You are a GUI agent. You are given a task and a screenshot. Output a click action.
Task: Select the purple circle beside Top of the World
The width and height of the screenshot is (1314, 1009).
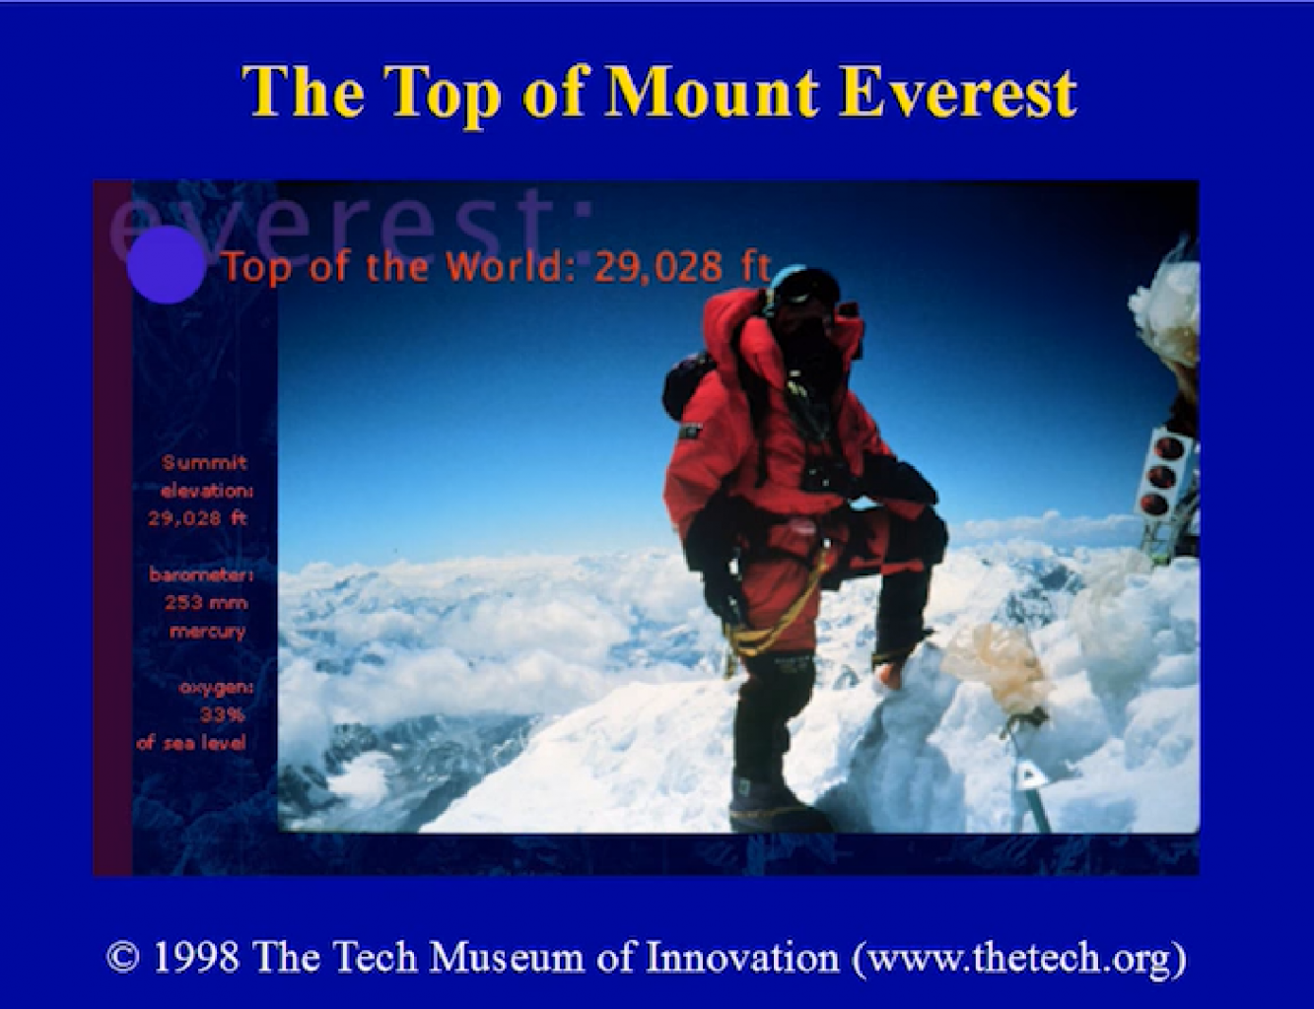[x=166, y=265]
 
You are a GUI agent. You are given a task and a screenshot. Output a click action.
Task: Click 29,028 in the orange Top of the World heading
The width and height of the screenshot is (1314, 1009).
[x=657, y=266]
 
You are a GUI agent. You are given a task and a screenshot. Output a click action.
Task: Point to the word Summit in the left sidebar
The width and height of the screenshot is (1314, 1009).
[x=205, y=463]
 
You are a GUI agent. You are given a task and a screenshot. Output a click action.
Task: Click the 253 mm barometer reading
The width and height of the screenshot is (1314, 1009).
[x=206, y=602]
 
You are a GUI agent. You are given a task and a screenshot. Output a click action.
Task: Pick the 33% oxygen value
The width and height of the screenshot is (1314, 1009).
[x=223, y=715]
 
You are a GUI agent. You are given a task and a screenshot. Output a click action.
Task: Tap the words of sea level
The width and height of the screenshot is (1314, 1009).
[x=191, y=743]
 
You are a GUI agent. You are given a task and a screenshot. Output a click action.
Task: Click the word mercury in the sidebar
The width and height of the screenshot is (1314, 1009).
[x=207, y=632]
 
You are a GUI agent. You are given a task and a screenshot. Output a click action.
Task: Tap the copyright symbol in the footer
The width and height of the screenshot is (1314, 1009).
[x=123, y=958]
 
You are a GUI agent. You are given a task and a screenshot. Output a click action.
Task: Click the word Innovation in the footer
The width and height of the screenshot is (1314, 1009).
[x=742, y=957]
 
